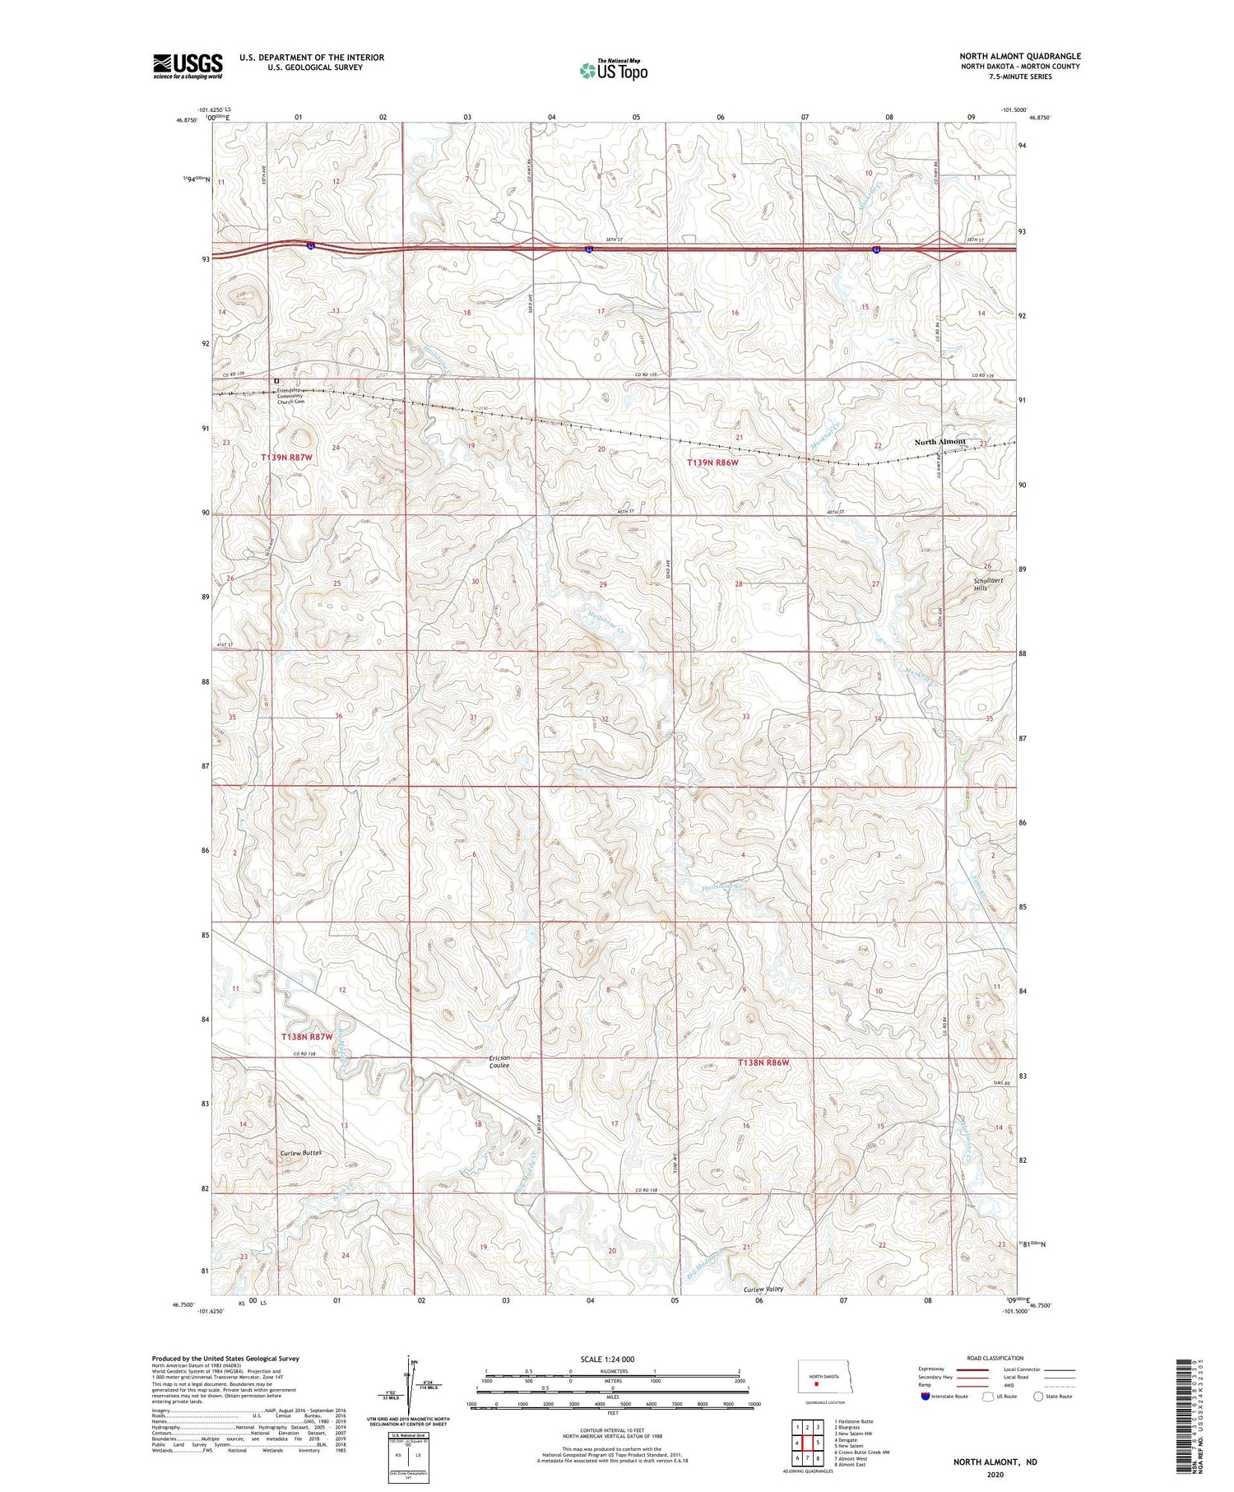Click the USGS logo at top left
coord(188,66)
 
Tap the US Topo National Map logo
coord(613,70)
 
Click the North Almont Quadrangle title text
coord(1019,56)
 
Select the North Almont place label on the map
coord(940,442)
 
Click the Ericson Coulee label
coord(499,1062)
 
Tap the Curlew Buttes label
coord(299,1153)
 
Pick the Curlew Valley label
coord(763,1289)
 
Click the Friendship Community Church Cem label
coord(290,397)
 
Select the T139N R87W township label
coord(287,457)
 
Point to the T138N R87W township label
coord(307,1037)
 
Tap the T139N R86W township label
coord(712,463)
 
